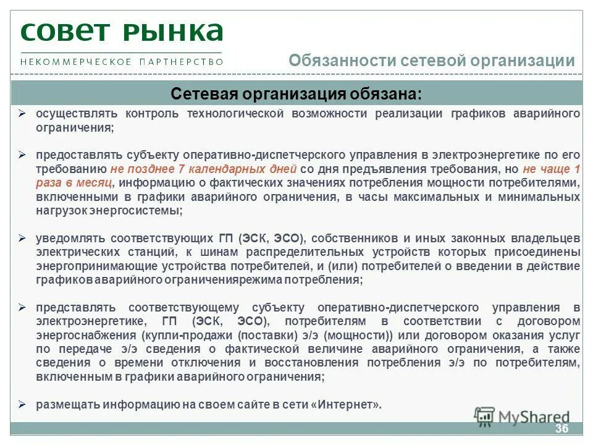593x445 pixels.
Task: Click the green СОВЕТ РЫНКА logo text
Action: click(x=122, y=32)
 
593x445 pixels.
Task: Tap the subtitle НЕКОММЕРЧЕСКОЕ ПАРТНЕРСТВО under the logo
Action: click(x=122, y=62)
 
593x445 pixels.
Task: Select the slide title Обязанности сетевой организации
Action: click(x=432, y=61)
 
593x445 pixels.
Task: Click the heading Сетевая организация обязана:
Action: click(x=296, y=93)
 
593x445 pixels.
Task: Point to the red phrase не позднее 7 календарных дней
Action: click(x=204, y=169)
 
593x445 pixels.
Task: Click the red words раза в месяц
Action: click(x=74, y=183)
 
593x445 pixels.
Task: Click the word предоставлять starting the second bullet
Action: click(x=79, y=155)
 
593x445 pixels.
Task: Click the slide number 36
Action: click(x=561, y=430)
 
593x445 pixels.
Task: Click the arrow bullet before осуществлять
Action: click(x=22, y=114)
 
